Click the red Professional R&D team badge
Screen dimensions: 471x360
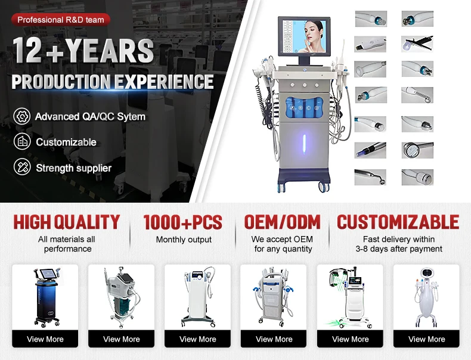coord(61,20)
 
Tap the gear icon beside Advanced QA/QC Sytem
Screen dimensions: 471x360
coord(22,116)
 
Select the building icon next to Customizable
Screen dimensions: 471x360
coord(22,141)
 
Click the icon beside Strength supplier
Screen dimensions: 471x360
coord(22,167)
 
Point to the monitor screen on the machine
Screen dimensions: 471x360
coord(303,36)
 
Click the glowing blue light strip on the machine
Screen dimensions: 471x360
coord(304,144)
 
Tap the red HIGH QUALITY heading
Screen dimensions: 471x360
coord(67,222)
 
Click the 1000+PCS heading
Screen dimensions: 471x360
coord(183,222)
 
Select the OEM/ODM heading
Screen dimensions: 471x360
coord(283,222)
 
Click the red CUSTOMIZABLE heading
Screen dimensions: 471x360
coord(398,222)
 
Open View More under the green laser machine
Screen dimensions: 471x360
coord(350,339)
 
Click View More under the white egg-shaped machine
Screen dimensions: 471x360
coord(426,339)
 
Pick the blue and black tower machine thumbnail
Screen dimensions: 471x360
coord(46,297)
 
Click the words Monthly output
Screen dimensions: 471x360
coord(184,240)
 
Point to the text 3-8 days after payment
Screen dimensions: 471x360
coord(399,249)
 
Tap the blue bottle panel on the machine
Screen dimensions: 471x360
coord(304,107)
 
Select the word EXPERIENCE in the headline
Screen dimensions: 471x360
coord(164,82)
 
